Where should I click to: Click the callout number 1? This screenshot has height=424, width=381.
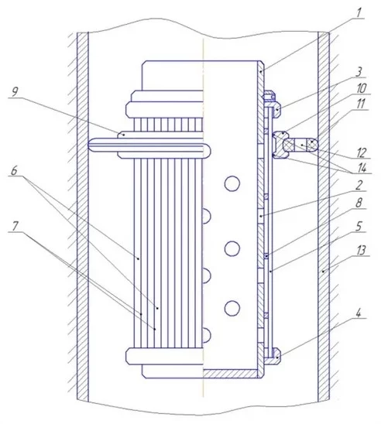tap(359, 12)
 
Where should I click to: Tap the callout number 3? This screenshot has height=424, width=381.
tap(359, 72)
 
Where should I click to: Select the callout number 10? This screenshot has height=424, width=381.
tap(361, 88)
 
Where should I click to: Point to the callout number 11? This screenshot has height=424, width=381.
tap(361, 104)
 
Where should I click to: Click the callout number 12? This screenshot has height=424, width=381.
tap(361, 153)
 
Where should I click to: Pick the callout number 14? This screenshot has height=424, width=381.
tap(362, 168)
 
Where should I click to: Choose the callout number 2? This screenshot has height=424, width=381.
tap(359, 186)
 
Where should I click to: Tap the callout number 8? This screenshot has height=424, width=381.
tap(359, 203)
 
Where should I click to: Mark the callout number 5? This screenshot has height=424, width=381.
tap(359, 227)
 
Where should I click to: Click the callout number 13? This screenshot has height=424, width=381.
tap(361, 251)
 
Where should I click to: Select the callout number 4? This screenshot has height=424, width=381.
tap(359, 313)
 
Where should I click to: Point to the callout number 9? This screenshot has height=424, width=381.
tap(15, 92)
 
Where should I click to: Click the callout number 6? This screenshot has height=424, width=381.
tap(14, 171)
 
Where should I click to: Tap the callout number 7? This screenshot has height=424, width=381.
tap(15, 226)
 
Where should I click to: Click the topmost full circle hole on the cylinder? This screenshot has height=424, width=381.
tap(232, 184)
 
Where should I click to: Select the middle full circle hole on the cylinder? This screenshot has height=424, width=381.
tap(232, 248)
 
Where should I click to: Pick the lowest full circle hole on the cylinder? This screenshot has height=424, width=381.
tap(232, 308)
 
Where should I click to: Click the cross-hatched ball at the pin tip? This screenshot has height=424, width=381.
tap(314, 145)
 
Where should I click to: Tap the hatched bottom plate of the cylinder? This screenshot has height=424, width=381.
tap(233, 374)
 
